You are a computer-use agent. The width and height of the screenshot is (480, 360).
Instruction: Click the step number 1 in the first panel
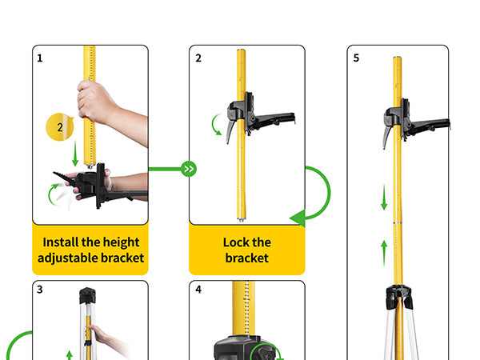pos(40,58)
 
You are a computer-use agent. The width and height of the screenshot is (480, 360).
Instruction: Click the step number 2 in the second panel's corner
pos(198,58)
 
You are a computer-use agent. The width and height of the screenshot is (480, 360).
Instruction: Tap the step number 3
pos(40,290)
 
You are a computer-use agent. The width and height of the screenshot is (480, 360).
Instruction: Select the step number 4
pos(198,290)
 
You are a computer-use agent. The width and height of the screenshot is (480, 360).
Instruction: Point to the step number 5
pos(356,58)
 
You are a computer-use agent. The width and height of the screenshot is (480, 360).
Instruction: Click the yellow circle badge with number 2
pos(60,126)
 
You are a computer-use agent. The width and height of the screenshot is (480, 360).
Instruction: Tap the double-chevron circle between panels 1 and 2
pos(189,169)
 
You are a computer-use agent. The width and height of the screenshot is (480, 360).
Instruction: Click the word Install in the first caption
pos(61,242)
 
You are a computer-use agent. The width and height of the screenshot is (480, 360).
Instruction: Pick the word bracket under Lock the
pos(246,258)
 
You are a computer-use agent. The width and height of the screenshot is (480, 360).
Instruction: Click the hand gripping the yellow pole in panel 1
pos(97,102)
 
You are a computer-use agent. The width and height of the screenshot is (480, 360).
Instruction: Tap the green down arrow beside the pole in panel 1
pos(75,154)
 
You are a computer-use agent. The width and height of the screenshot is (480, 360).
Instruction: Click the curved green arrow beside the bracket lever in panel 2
pos(216,125)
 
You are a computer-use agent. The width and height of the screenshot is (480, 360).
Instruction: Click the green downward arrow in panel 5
pos(384,197)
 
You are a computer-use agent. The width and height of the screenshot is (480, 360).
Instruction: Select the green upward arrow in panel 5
pos(384,254)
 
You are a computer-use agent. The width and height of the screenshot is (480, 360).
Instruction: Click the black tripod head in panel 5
pos(399,296)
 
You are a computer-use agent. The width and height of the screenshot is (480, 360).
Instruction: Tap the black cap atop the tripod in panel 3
pos(87,295)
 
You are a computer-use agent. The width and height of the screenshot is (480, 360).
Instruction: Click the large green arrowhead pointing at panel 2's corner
pos(298,218)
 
